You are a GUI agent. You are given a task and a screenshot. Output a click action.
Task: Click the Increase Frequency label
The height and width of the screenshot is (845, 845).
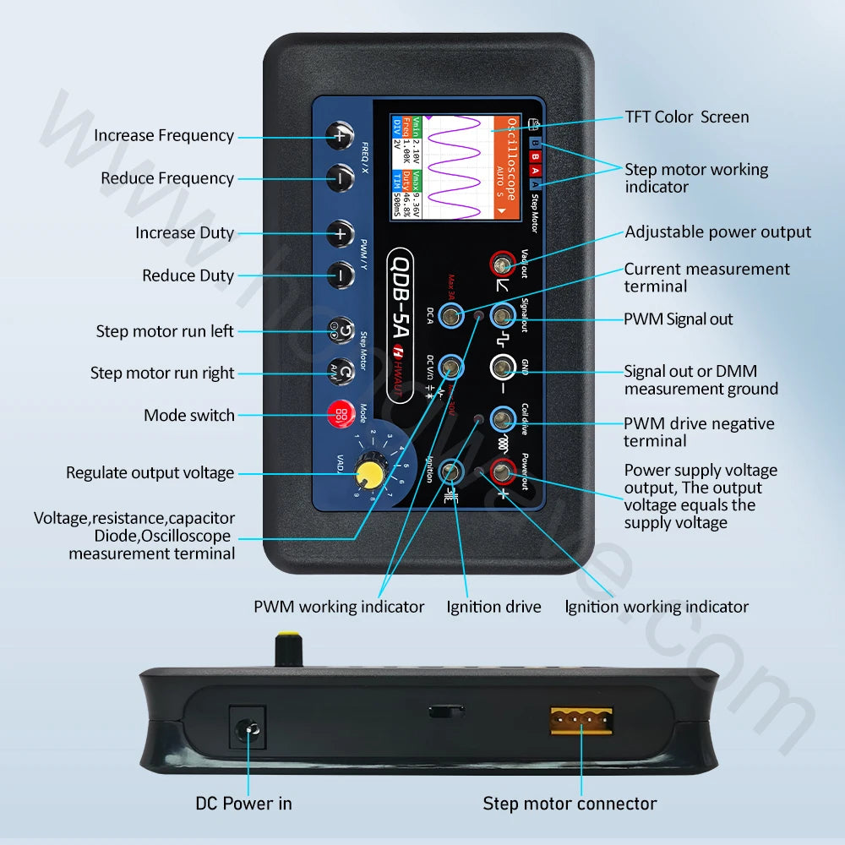pyautogui.click(x=164, y=135)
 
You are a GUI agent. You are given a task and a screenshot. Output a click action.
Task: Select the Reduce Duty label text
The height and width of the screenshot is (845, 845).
pyautogui.click(x=188, y=275)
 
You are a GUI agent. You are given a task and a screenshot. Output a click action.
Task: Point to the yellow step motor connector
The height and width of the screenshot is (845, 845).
pyautogui.click(x=581, y=720)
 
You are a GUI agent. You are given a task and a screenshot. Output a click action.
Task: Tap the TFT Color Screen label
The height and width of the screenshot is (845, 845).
pyautogui.click(x=686, y=117)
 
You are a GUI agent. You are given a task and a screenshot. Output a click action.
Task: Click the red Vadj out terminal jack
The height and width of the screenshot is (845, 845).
pyautogui.click(x=504, y=265)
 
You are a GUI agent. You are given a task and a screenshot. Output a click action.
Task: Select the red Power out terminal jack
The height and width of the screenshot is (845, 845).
pyautogui.click(x=504, y=472)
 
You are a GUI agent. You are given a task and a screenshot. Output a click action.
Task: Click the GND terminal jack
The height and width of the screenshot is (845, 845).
pyautogui.click(x=504, y=368)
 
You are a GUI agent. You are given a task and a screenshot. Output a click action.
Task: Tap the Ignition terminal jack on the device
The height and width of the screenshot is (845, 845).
pyautogui.click(x=453, y=472)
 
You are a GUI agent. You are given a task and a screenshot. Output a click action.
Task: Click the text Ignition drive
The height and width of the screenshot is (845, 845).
pyautogui.click(x=493, y=607)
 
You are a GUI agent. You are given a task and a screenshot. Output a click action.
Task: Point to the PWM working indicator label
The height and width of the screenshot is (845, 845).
pyautogui.click(x=339, y=607)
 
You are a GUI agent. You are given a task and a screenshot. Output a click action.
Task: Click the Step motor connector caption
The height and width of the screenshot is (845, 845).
pyautogui.click(x=570, y=804)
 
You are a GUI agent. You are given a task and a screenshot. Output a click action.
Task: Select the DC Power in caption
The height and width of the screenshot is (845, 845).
pyautogui.click(x=243, y=804)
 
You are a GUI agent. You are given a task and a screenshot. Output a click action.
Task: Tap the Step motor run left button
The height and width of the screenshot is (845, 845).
pyautogui.click(x=341, y=330)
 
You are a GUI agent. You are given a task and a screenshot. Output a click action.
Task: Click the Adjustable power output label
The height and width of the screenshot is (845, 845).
pyautogui.click(x=717, y=232)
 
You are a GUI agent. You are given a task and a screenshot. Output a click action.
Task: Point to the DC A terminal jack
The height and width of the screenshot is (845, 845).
pyautogui.click(x=452, y=317)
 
